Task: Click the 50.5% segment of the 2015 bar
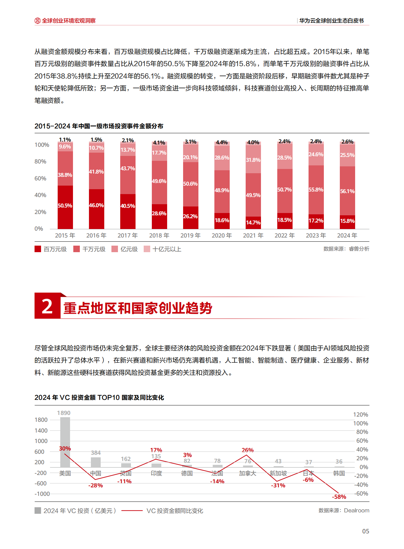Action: [x=65, y=206]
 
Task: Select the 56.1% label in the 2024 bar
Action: [x=347, y=191]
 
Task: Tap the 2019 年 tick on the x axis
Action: [x=190, y=236]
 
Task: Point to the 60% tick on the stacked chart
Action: [x=40, y=178]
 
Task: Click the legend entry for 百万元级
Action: [x=50, y=249]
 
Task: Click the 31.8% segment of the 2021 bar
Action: [x=253, y=160]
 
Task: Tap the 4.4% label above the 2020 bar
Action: [x=222, y=143]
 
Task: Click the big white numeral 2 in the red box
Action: [x=47, y=306]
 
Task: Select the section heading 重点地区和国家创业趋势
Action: [x=138, y=308]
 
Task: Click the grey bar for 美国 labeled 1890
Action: [x=65, y=442]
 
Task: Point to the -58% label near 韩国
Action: [x=339, y=497]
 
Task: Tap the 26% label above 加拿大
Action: [x=248, y=450]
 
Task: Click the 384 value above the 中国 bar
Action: [x=95, y=453]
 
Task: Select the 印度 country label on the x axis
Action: [x=156, y=473]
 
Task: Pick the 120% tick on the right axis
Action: [x=361, y=415]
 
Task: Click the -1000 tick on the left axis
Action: [x=42, y=494]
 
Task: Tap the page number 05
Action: [x=366, y=531]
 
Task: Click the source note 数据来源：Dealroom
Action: [x=344, y=511]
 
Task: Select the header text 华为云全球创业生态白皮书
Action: [x=331, y=21]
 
